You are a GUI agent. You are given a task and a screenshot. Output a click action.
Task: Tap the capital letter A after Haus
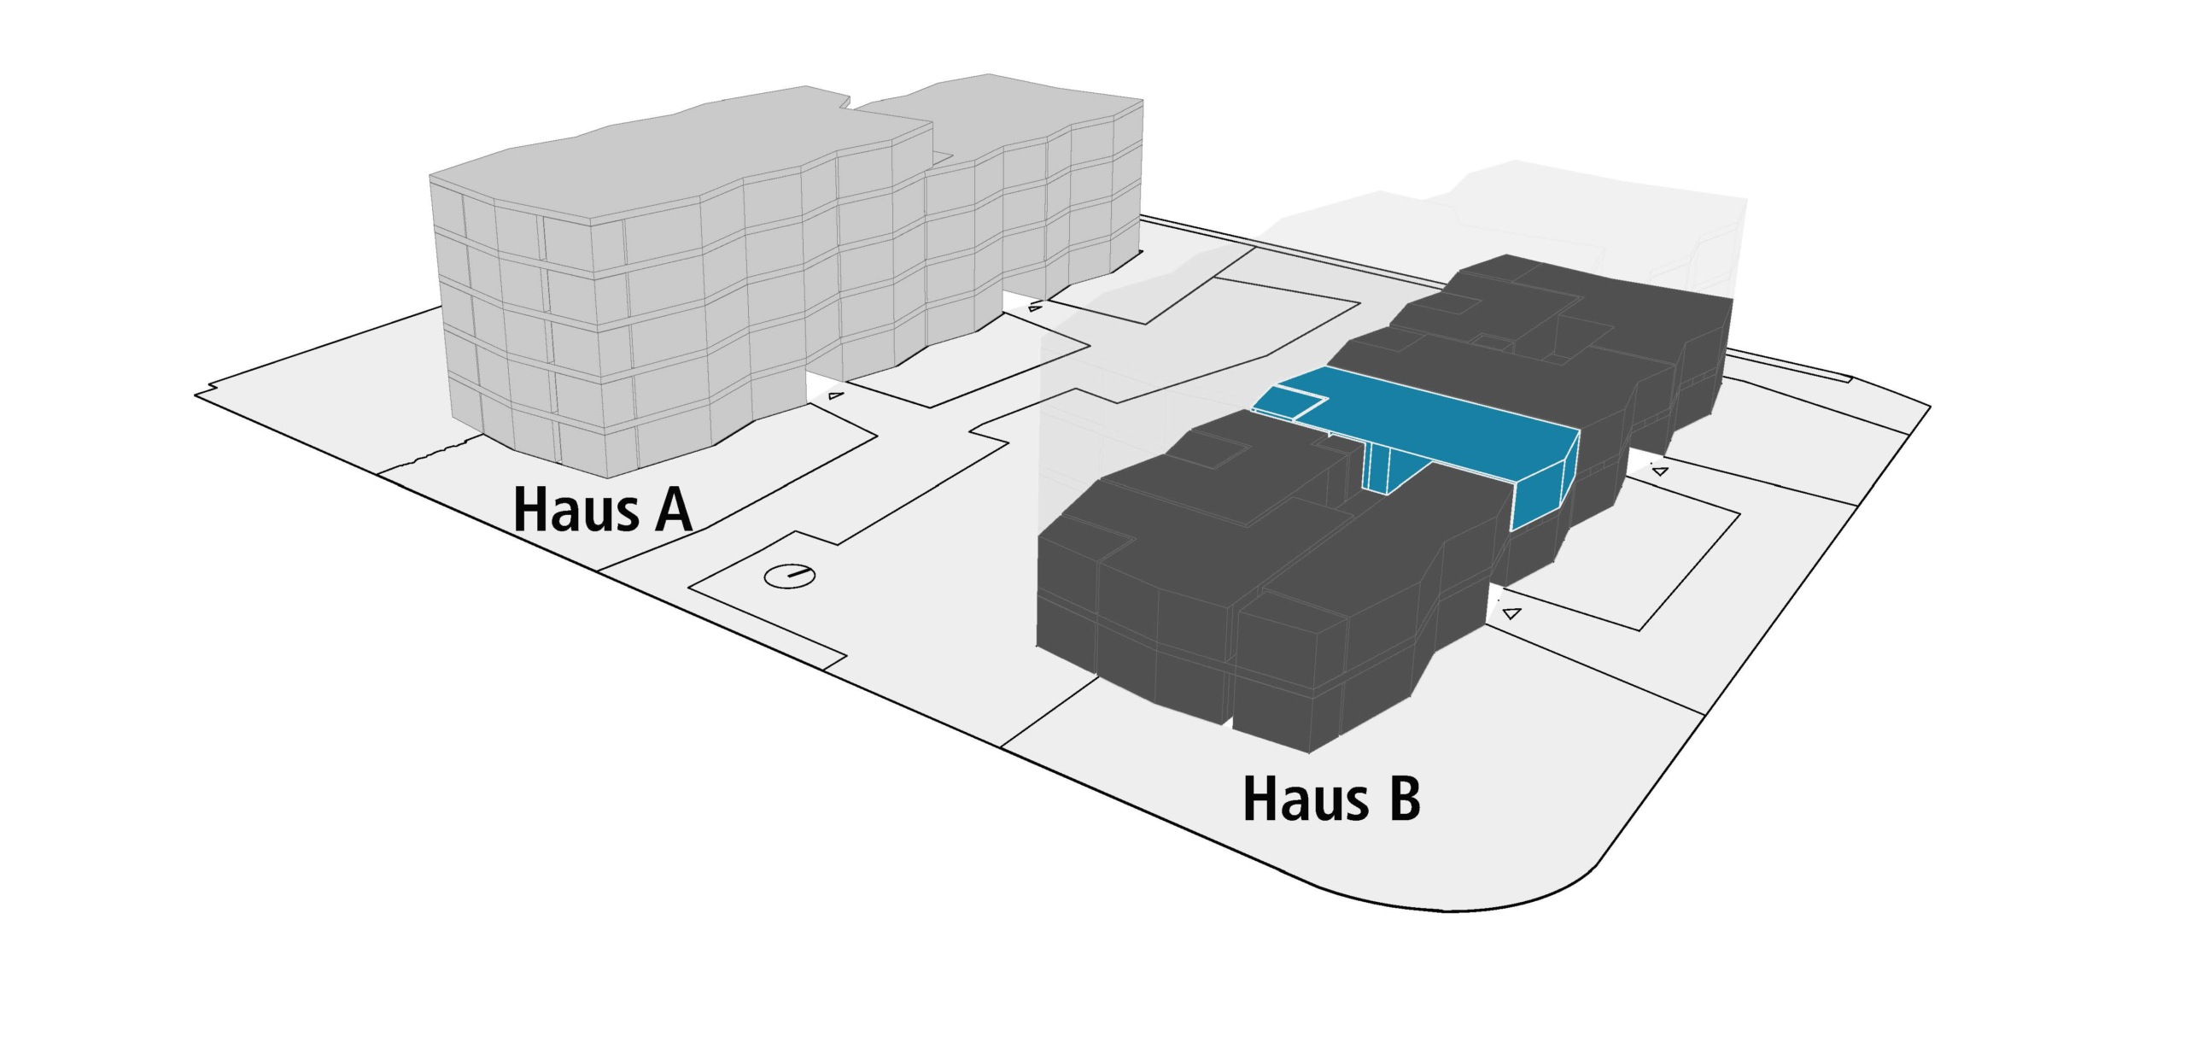point(673,509)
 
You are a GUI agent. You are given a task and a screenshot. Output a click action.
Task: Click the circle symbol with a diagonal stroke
point(789,576)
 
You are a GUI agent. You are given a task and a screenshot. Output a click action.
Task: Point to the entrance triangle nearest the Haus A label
point(836,395)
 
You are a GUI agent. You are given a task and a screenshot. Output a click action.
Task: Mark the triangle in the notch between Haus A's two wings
point(1035,307)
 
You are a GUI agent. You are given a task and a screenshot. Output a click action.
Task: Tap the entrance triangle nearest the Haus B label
point(1511,612)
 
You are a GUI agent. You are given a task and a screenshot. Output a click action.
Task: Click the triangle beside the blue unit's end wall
point(1659,471)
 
